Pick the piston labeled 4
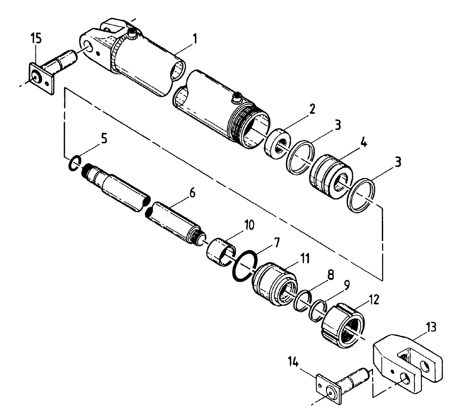coord(331,175)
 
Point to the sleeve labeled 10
coord(220,251)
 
